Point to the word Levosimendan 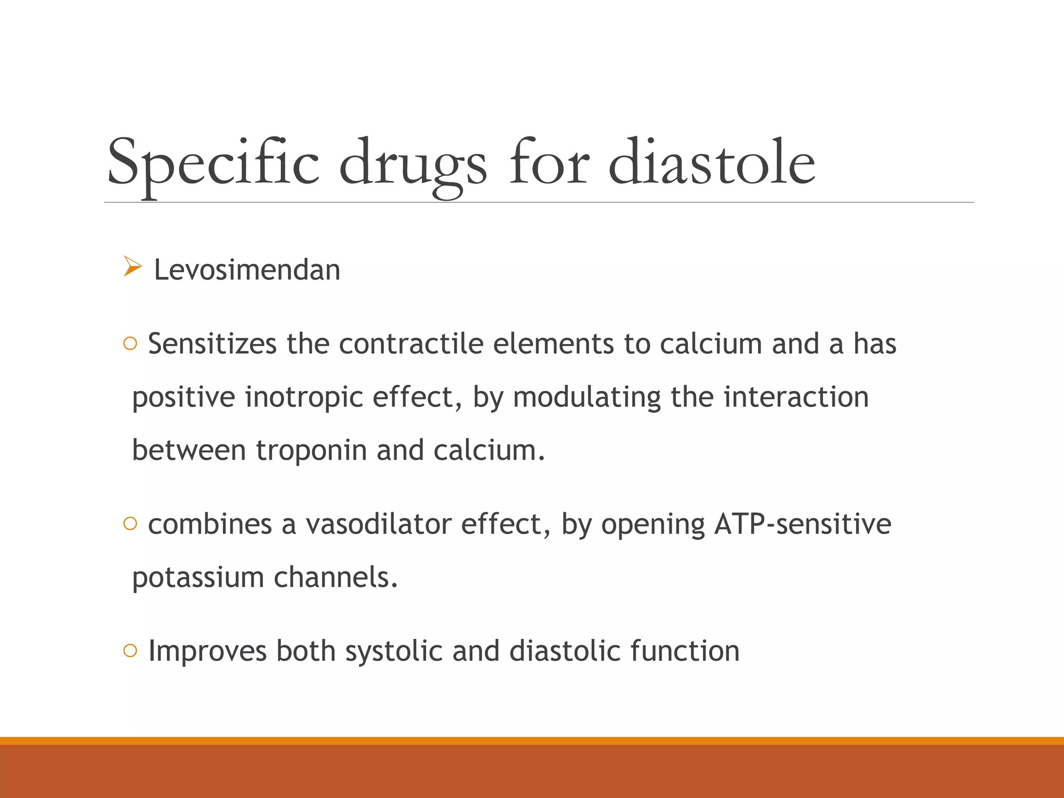(x=247, y=270)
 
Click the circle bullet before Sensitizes (x=130, y=343)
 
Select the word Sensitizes (x=212, y=344)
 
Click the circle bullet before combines (x=130, y=523)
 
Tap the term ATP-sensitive (x=803, y=524)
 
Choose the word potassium (x=198, y=577)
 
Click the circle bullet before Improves (x=130, y=650)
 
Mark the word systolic (x=394, y=651)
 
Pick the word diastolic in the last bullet (x=565, y=651)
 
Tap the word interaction (x=796, y=397)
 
